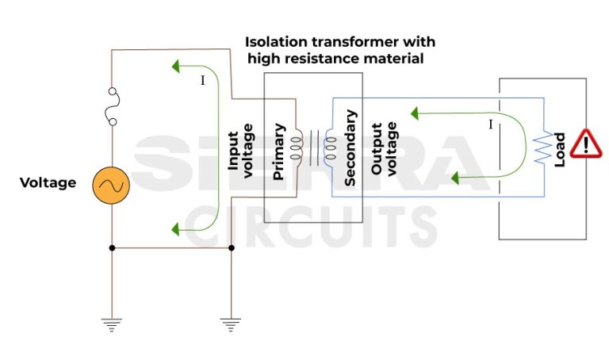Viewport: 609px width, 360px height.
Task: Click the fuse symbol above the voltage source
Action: (x=112, y=107)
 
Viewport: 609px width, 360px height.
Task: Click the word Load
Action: (x=560, y=149)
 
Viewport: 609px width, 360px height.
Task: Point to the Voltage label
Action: (x=48, y=183)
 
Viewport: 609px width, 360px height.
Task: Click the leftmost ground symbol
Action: (x=112, y=324)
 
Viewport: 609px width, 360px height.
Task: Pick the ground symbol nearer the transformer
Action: (x=231, y=324)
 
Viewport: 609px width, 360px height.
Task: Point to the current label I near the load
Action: (x=491, y=124)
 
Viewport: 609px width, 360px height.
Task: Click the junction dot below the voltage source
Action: (x=112, y=247)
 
